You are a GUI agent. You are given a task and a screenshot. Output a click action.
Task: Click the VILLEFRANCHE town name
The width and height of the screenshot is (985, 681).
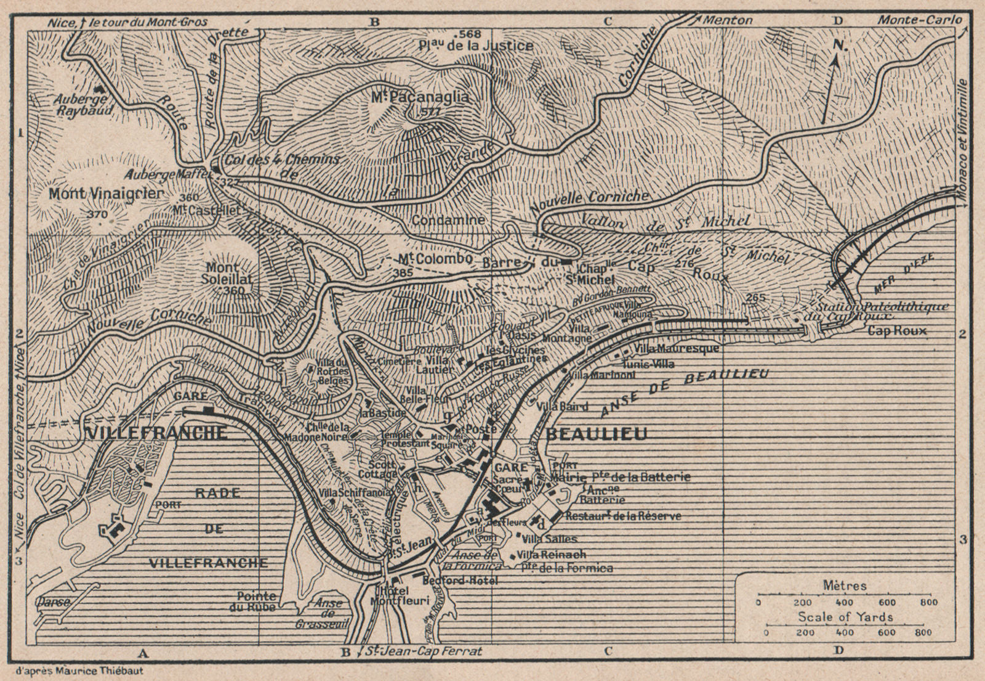point(156,433)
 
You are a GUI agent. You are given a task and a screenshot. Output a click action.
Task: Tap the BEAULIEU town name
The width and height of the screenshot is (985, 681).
point(597,434)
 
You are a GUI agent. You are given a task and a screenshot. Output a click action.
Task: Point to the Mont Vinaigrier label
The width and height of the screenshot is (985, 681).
point(106,194)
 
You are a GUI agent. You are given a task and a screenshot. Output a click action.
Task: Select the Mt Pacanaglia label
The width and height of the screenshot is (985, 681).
point(420,97)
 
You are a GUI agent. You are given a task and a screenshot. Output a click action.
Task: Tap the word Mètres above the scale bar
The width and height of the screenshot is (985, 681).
point(844,586)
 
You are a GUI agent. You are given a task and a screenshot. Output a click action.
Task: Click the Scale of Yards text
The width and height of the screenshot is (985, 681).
point(845,617)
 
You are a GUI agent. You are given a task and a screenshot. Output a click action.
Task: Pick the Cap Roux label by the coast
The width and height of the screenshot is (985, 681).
point(897,331)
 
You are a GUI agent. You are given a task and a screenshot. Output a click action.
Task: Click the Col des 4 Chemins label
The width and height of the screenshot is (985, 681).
point(283,159)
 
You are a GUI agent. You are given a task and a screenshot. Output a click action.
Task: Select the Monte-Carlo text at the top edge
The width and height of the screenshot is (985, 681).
point(919,20)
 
